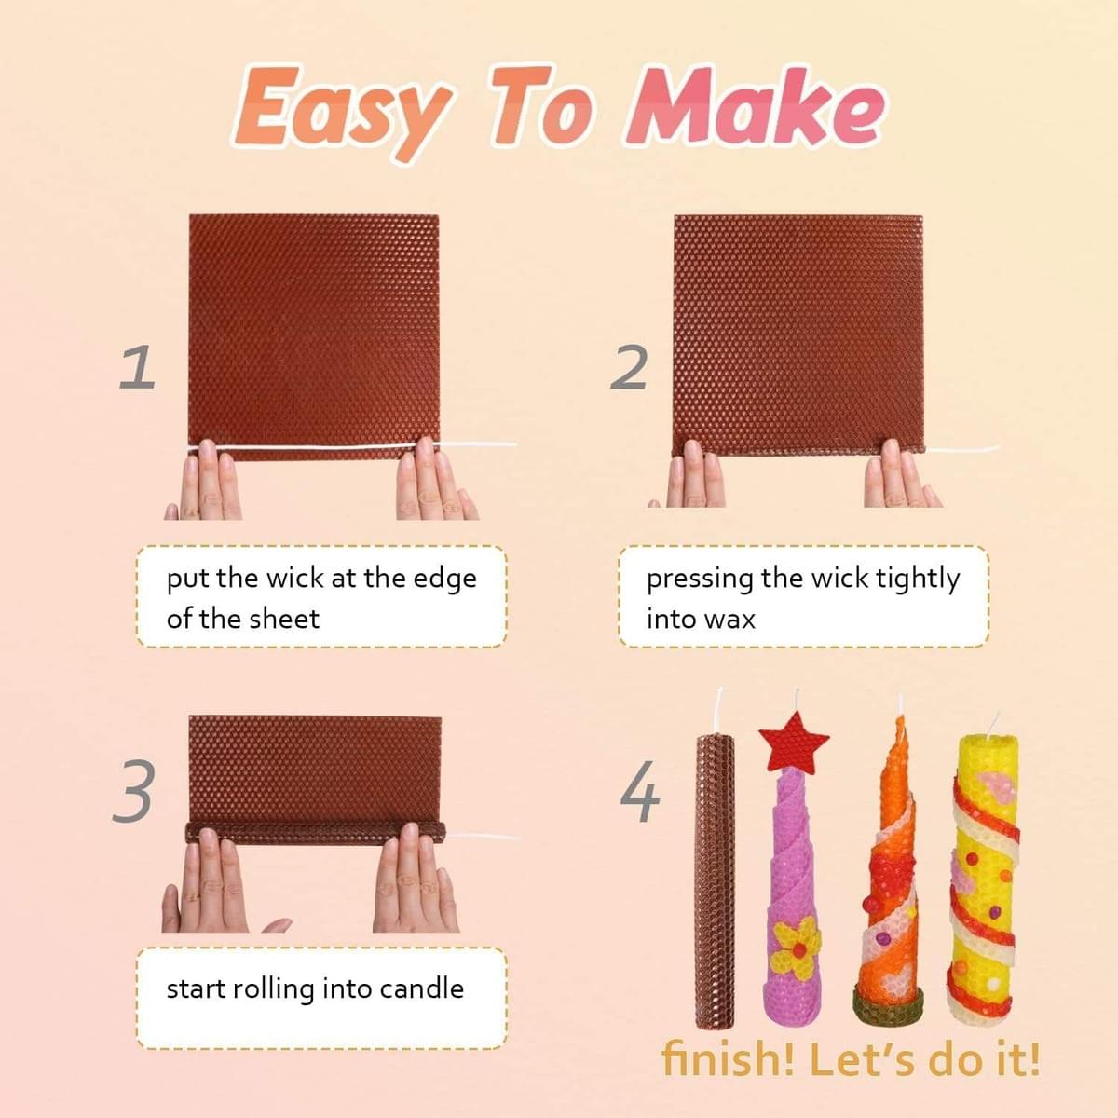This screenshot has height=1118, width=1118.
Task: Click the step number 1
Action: [x=137, y=367]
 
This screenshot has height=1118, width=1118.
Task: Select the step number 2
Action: [x=630, y=368]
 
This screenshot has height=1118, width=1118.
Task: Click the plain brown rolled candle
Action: [x=716, y=876]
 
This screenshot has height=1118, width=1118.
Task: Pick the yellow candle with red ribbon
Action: [x=984, y=876]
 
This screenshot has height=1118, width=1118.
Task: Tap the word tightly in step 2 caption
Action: [x=917, y=579]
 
